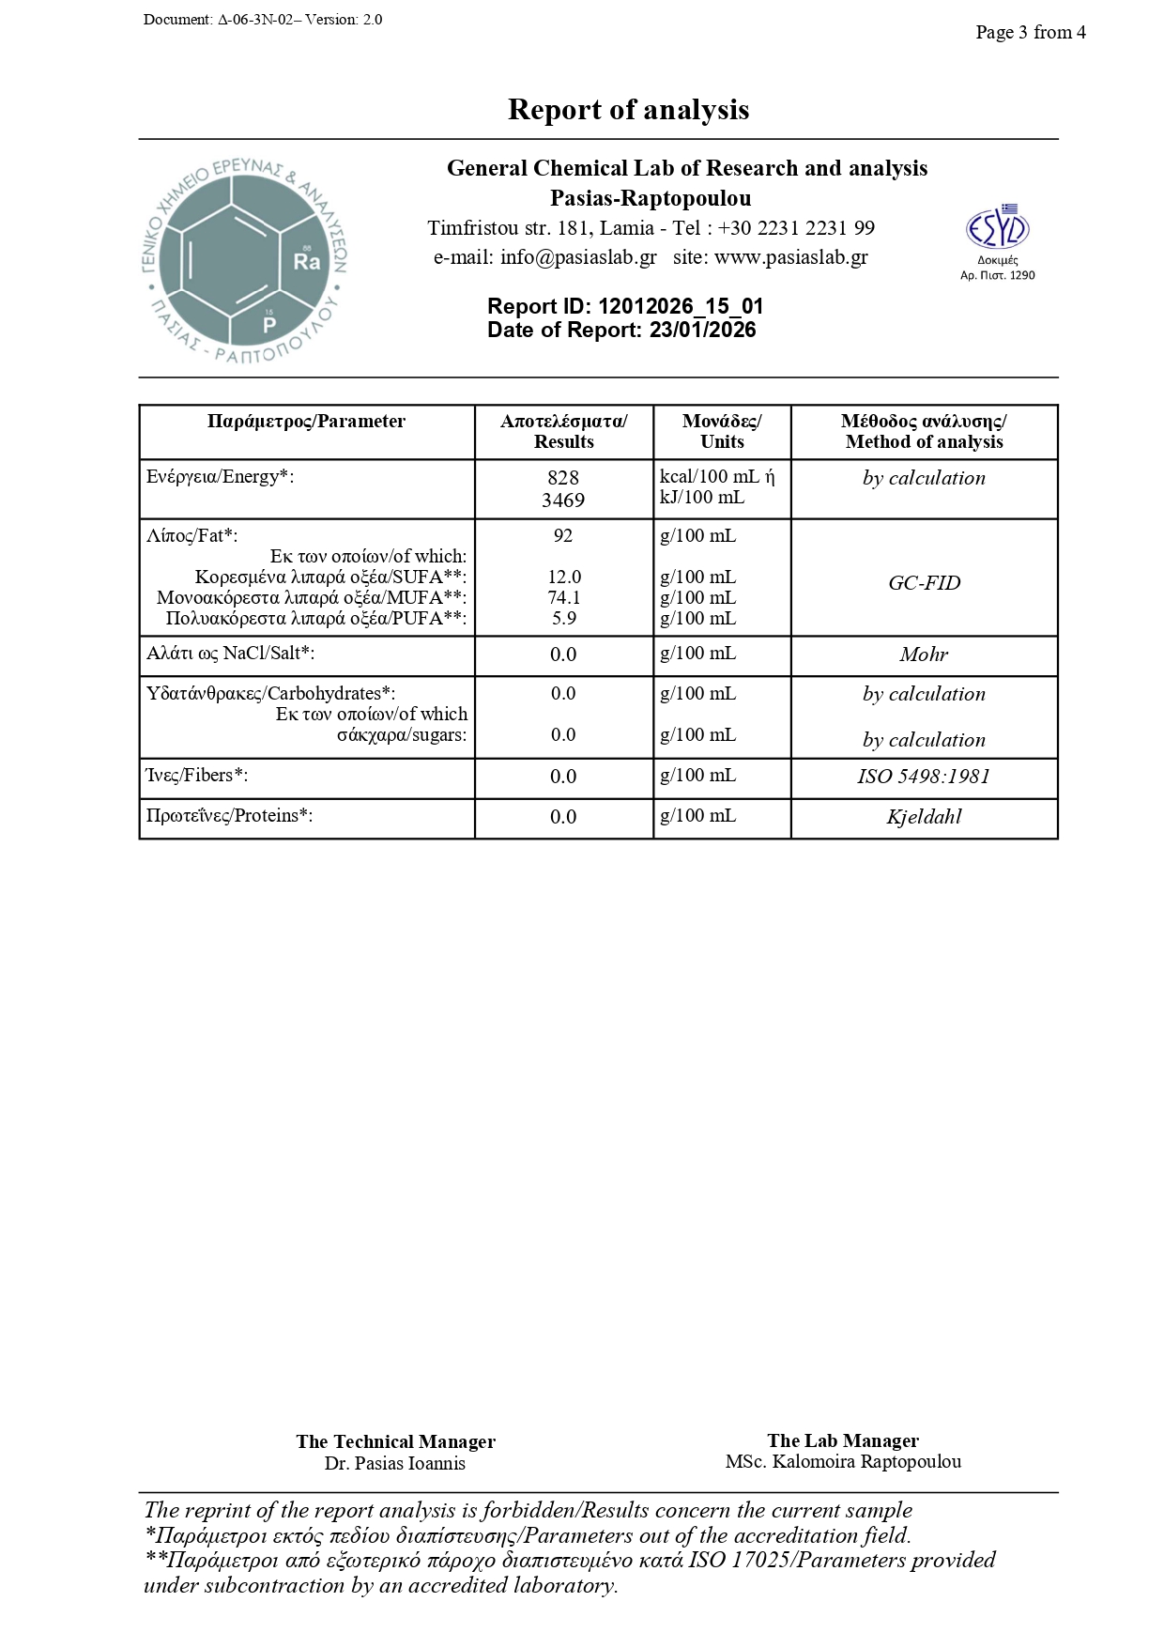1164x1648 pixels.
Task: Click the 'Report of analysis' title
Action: point(628,110)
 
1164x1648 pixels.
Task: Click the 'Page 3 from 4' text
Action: point(1030,33)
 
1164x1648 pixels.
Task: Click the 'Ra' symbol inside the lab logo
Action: point(306,262)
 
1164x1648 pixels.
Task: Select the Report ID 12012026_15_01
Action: point(681,307)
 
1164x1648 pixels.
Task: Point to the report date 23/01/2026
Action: point(702,331)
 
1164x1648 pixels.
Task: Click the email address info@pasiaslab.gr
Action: point(578,257)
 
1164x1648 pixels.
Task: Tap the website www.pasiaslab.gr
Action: point(790,257)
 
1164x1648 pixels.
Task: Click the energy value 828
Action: point(563,478)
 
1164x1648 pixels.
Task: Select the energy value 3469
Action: point(563,501)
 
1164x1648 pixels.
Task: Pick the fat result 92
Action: point(563,536)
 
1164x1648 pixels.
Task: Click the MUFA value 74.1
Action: point(563,598)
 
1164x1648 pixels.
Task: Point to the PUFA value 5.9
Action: point(563,619)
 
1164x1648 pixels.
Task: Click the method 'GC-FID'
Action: point(924,583)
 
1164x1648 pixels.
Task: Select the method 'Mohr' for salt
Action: point(924,655)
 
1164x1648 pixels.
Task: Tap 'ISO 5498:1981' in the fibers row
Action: point(924,777)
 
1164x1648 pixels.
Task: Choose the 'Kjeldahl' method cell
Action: point(924,817)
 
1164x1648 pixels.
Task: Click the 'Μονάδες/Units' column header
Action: point(722,432)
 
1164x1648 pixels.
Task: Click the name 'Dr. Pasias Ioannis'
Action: point(395,1463)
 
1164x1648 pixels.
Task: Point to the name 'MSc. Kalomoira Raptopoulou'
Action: point(842,1462)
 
